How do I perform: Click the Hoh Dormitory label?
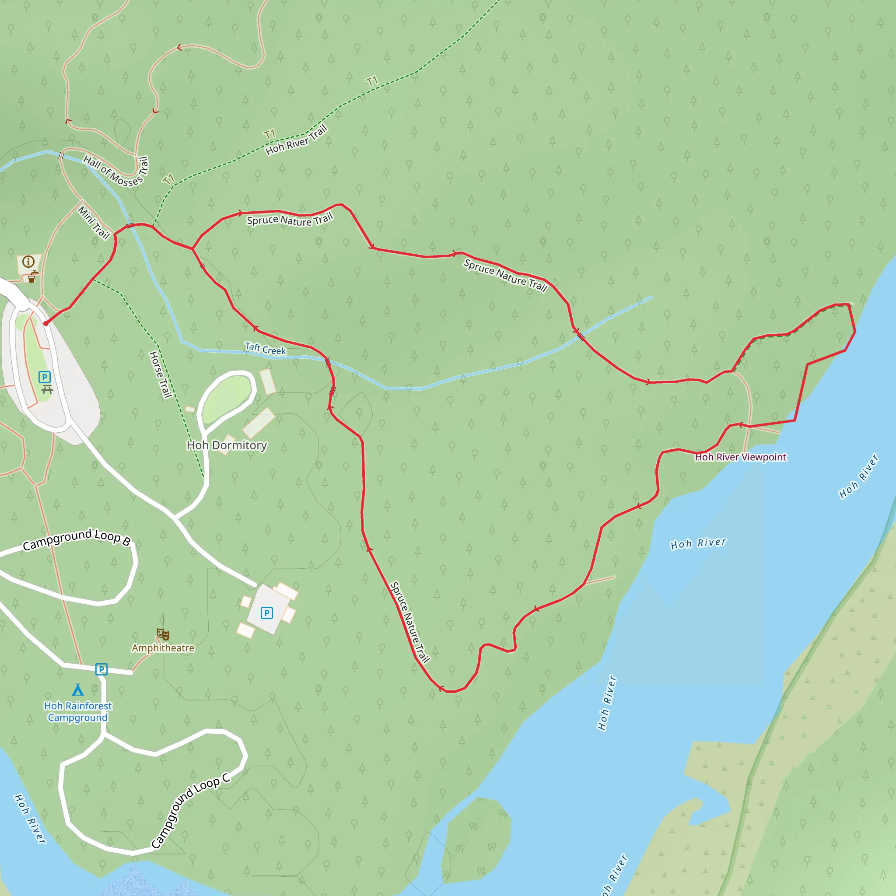tap(226, 445)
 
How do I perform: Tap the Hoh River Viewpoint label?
tap(740, 457)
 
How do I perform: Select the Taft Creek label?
tap(265, 349)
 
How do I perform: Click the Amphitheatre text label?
tap(163, 648)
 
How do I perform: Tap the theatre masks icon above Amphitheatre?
tap(163, 634)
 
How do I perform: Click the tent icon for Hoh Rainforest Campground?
tap(78, 690)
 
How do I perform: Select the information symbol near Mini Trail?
tap(28, 262)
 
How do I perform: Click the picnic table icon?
tap(47, 389)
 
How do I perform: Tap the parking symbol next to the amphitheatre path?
tap(101, 669)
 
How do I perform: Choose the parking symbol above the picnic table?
tap(45, 377)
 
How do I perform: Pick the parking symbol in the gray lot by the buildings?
tap(267, 613)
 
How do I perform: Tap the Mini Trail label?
tap(94, 223)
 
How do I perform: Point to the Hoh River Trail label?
tap(297, 140)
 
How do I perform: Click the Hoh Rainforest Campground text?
tap(78, 711)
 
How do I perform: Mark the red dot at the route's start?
tap(45, 323)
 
